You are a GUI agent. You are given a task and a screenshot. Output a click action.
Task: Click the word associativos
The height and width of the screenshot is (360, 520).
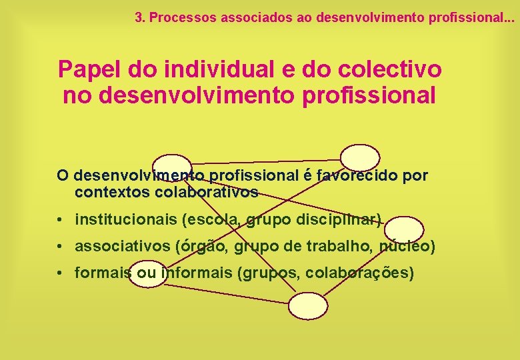click(123, 247)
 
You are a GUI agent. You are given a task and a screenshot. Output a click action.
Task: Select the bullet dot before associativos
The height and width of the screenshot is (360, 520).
click(60, 247)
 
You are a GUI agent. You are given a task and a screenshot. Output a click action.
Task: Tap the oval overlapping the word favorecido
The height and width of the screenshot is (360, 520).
click(360, 158)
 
